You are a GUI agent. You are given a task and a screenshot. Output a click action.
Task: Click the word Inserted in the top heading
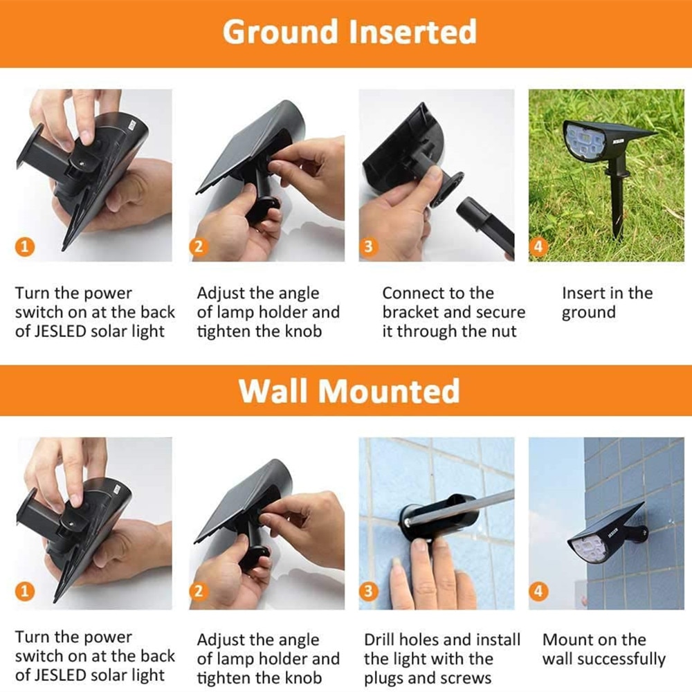click(413, 31)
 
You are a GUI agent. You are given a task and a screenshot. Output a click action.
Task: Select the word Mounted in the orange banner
click(389, 391)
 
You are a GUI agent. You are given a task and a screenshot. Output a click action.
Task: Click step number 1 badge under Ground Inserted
click(25, 246)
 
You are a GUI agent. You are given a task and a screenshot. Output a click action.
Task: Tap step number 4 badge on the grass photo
click(538, 246)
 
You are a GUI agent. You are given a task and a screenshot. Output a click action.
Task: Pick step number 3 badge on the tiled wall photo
click(369, 592)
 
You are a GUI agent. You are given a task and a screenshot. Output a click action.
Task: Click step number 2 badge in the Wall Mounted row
click(199, 592)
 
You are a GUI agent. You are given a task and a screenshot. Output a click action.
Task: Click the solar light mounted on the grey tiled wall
click(607, 534)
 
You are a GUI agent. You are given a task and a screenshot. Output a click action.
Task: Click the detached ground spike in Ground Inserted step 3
click(484, 226)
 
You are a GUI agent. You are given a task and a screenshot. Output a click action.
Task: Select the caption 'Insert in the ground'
click(607, 303)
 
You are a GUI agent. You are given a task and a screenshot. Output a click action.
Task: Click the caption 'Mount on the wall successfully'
click(603, 649)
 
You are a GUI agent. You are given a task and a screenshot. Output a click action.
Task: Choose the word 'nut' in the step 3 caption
click(504, 331)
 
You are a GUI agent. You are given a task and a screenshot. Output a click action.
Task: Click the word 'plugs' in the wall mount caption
click(383, 678)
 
